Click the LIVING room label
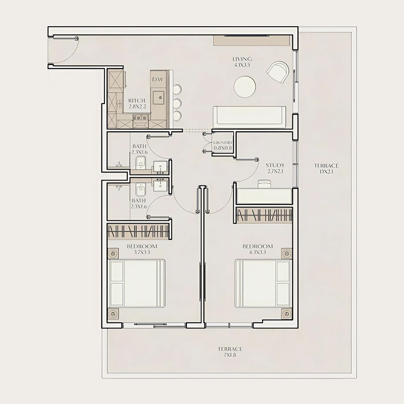[243, 62]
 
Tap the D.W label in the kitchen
[158, 79]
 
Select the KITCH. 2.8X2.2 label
[137, 104]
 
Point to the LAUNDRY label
[223, 145]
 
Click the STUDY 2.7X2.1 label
[275, 168]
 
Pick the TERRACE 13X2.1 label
[326, 168]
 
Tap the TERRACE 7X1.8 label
[230, 351]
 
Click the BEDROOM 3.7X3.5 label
[142, 249]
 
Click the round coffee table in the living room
[245, 86]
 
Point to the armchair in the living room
[277, 73]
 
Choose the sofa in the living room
[249, 117]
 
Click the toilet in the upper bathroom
[141, 163]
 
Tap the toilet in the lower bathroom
[141, 189]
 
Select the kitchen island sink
[159, 96]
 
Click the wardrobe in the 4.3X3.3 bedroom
[264, 215]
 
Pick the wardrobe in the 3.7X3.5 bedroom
[139, 232]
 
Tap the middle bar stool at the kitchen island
[177, 103]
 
